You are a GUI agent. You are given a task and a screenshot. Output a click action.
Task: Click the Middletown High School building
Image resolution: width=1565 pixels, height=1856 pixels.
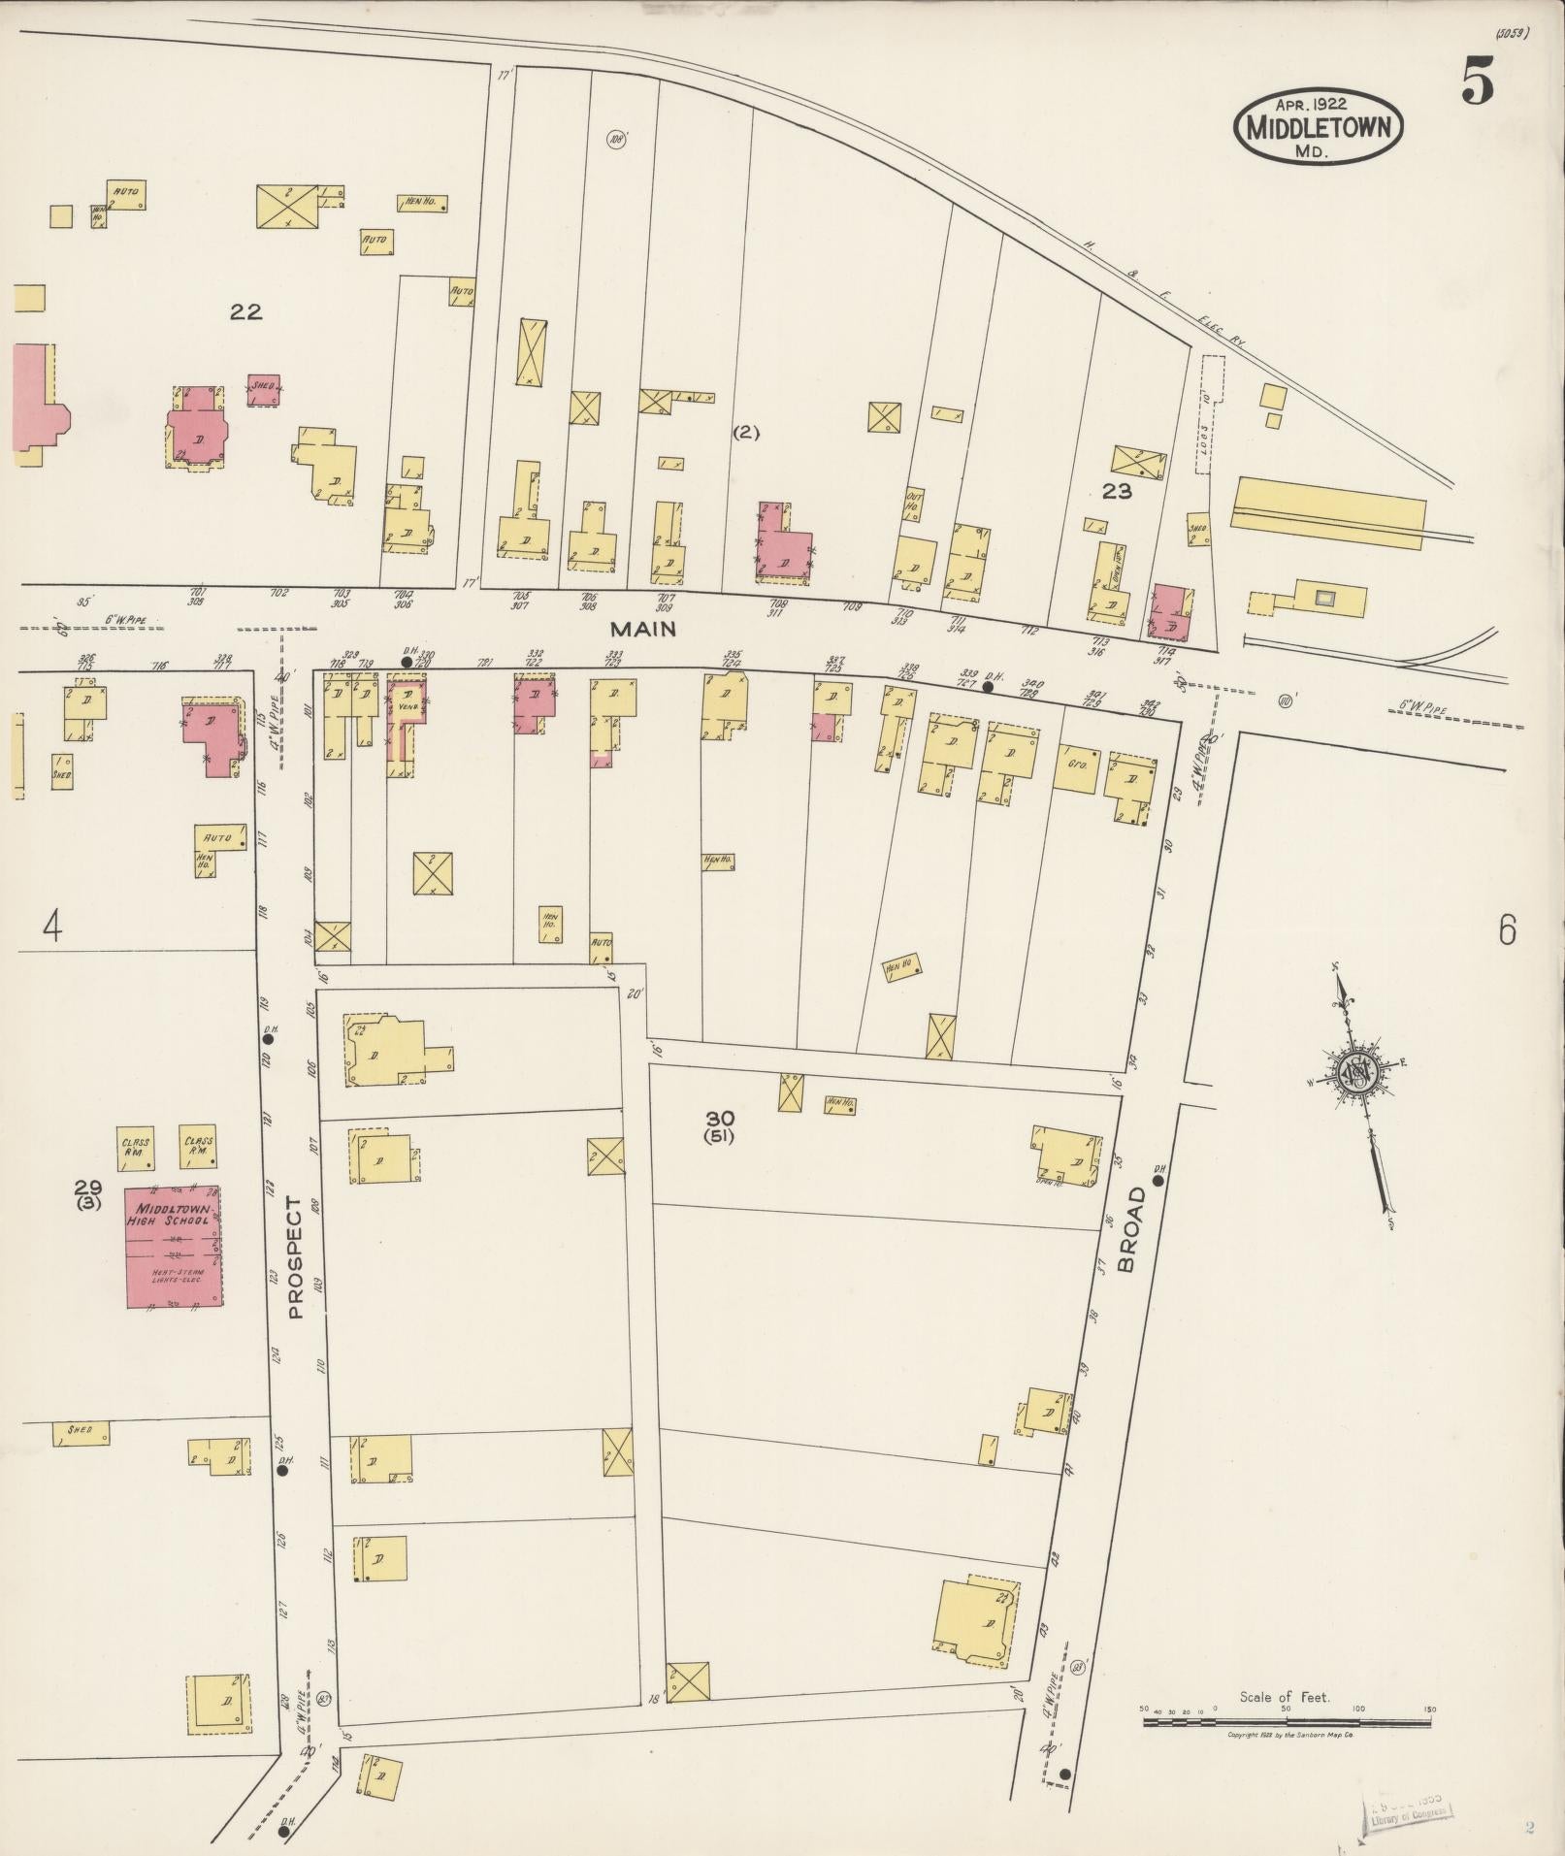(173, 1246)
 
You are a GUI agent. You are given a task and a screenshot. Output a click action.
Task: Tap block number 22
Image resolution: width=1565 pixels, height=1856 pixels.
(245, 311)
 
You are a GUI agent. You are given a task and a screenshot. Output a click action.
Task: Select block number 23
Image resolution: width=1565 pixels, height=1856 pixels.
(1117, 491)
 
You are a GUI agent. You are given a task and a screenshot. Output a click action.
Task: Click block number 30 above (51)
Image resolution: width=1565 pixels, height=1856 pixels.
(720, 1118)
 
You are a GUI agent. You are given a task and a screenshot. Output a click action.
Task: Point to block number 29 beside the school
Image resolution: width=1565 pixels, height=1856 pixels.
(88, 1187)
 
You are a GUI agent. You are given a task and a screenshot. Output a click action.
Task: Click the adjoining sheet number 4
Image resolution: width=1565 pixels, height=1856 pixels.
(52, 928)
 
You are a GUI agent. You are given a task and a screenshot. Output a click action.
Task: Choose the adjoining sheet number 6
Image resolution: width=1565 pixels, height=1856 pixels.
(1506, 930)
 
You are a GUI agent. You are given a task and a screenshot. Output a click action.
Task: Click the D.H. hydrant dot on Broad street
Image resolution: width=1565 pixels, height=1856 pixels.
(1157, 1181)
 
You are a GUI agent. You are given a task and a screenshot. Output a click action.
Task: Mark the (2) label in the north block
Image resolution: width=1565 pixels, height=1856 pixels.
(745, 433)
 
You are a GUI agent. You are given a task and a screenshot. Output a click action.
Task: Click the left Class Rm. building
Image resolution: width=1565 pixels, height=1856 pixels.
(135, 1148)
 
